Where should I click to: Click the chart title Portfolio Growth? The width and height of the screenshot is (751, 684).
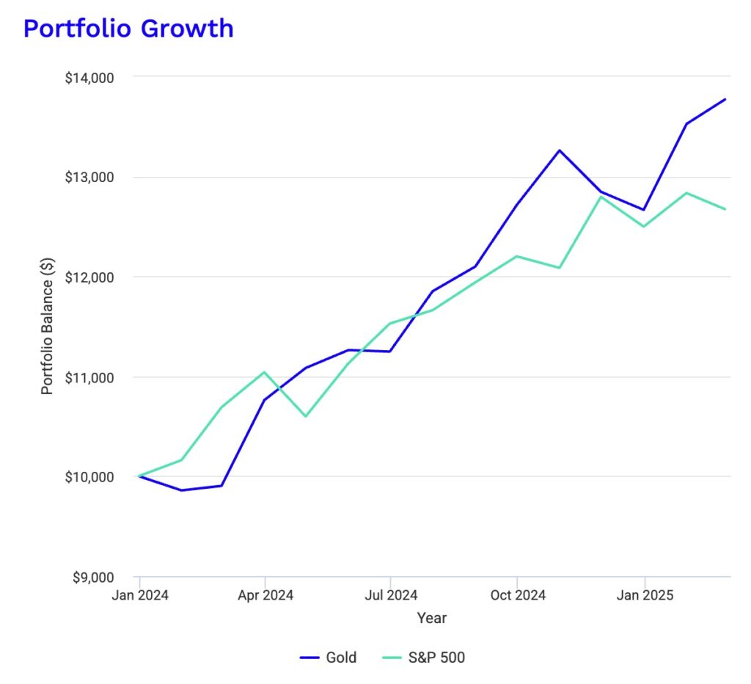tap(128, 29)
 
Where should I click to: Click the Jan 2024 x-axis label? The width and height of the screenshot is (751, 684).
tap(139, 595)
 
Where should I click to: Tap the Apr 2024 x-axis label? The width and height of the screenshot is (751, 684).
tap(265, 595)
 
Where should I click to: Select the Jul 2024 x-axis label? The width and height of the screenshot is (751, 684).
tap(390, 595)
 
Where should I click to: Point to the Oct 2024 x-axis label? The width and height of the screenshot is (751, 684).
tap(518, 595)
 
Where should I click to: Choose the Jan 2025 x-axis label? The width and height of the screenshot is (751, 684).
tap(644, 595)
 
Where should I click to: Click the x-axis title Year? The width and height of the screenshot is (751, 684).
tap(432, 618)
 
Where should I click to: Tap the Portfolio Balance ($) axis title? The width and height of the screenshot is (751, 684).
tap(48, 327)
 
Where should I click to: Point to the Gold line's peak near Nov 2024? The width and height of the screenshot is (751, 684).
tap(560, 150)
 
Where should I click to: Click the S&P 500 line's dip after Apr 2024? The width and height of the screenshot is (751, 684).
tap(306, 417)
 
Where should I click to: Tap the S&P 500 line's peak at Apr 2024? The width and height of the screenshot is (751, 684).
tap(265, 372)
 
